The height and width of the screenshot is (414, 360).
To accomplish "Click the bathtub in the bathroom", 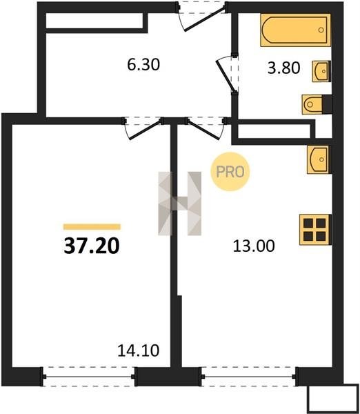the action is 296,30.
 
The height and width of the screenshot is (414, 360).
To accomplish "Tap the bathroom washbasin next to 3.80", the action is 321,71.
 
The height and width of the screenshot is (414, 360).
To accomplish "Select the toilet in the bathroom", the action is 317,104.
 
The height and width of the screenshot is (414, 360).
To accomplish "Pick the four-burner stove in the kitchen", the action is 315,230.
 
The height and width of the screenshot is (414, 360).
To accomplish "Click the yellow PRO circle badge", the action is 230,172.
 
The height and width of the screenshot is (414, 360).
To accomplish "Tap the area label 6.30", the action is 143,65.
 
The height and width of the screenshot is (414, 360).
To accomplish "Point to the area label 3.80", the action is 283,68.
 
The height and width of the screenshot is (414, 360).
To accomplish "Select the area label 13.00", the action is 254,246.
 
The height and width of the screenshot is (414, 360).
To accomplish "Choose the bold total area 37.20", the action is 92,246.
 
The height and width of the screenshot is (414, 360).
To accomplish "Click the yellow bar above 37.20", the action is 92,227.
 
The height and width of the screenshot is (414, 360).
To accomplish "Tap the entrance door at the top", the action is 202,17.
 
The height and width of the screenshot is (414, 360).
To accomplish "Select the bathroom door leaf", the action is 225,75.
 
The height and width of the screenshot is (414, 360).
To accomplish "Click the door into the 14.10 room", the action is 144,129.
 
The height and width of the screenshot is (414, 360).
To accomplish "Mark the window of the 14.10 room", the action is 89,377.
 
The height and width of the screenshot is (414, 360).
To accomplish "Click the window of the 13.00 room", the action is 249,377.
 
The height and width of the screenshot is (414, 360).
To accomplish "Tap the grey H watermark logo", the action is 179,204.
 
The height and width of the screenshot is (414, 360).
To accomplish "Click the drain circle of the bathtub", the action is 321,30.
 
